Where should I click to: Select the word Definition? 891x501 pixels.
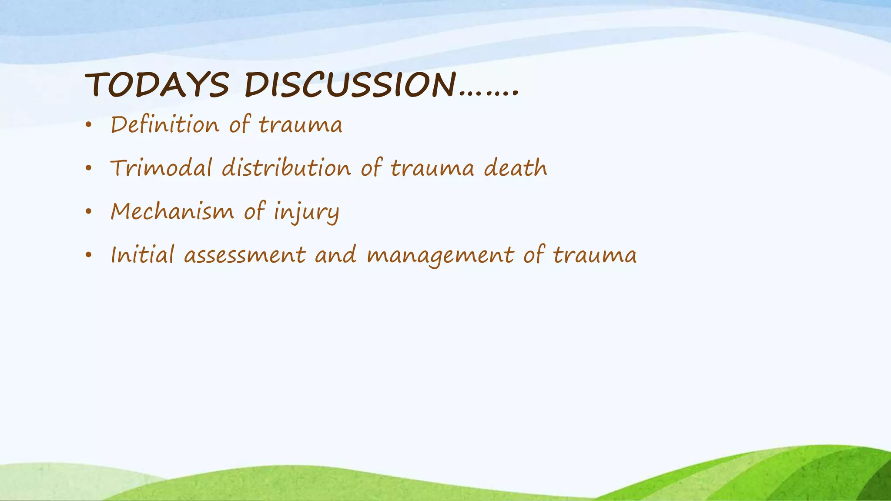pyautogui.click(x=165, y=125)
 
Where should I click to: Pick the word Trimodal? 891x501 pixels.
pyautogui.click(x=161, y=168)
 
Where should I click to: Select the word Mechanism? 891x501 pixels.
pyautogui.click(x=172, y=211)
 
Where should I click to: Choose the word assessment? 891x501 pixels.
pyautogui.click(x=245, y=255)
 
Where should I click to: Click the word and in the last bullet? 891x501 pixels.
pyautogui.click(x=335, y=255)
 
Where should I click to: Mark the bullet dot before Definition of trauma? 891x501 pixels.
pyautogui.click(x=89, y=126)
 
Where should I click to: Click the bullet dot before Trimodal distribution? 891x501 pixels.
pyautogui.click(x=89, y=169)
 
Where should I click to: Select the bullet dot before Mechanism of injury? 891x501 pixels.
pyautogui.click(x=89, y=212)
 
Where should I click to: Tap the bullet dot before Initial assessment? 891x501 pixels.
pyautogui.click(x=89, y=256)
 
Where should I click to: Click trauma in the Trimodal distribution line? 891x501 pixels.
pyautogui.click(x=432, y=169)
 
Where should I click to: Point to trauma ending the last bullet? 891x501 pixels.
pyautogui.click(x=595, y=256)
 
